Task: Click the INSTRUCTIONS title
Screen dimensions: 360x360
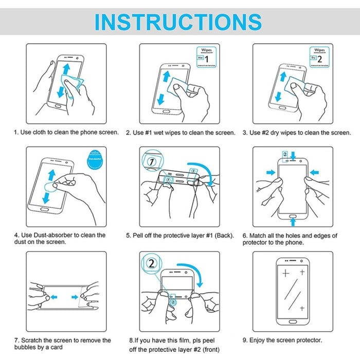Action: pyautogui.click(x=178, y=22)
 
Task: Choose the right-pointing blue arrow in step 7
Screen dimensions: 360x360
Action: pyautogui.click(x=75, y=297)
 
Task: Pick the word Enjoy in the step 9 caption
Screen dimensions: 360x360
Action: pyautogui.click(x=259, y=340)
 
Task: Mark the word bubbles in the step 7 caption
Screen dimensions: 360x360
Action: pyautogui.click(x=26, y=347)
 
